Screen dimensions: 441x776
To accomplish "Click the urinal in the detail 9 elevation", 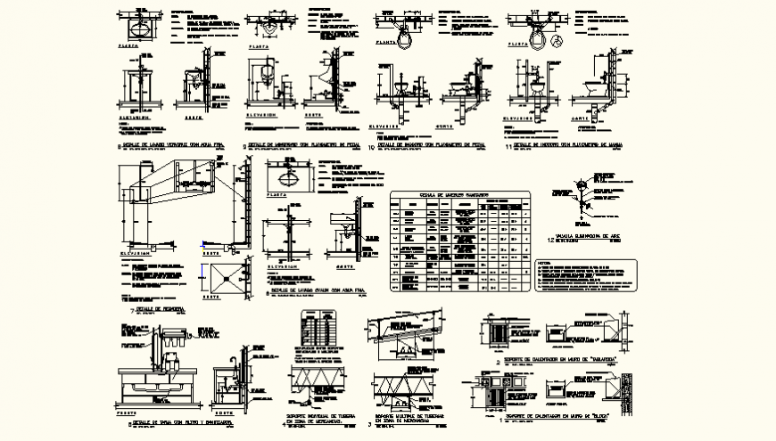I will pos(270,71).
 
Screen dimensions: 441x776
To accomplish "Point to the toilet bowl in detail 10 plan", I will pos(406,33).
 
